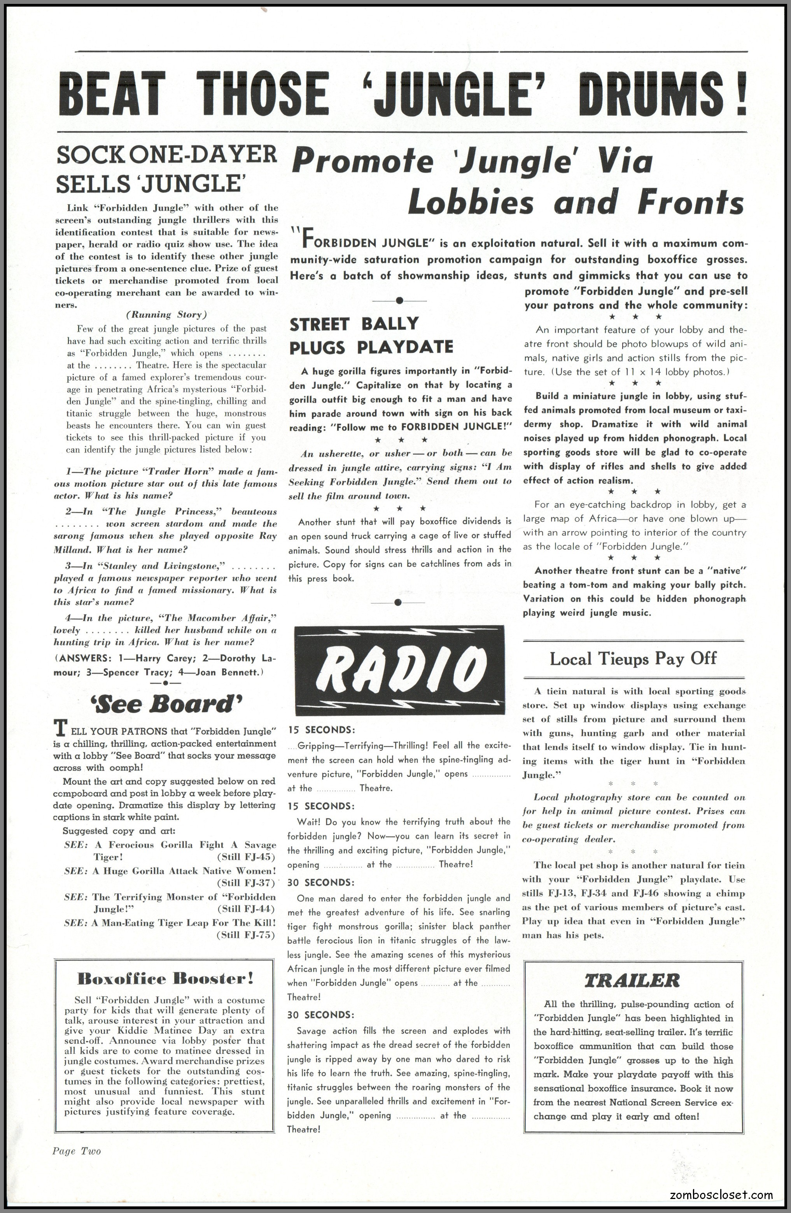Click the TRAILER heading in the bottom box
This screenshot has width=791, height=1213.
click(x=632, y=980)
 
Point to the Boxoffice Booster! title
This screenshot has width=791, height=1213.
click(x=165, y=978)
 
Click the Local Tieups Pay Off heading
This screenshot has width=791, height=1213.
click(x=633, y=659)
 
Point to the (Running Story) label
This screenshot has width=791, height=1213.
click(x=166, y=314)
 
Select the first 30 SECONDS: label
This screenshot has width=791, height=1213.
click(x=321, y=882)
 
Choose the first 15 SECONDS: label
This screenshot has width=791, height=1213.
click(x=321, y=730)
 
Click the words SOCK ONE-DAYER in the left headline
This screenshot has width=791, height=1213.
click(x=166, y=155)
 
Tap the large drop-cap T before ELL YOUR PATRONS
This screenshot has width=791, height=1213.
click(x=60, y=729)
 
